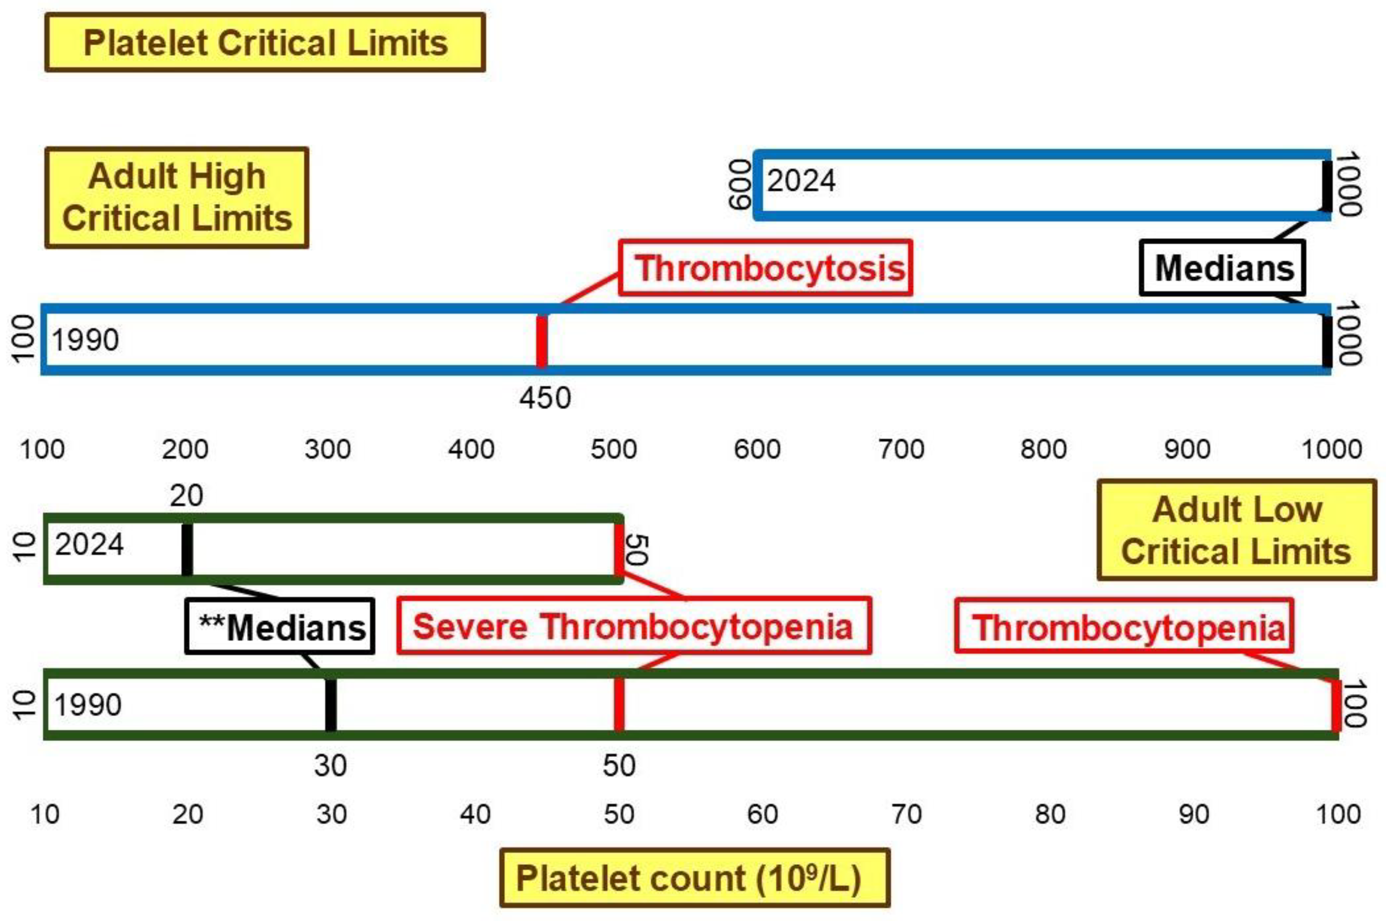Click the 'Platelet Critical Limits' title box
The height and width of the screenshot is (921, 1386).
click(265, 43)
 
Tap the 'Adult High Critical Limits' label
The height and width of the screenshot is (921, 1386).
click(177, 197)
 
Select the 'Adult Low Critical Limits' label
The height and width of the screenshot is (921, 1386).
click(1236, 530)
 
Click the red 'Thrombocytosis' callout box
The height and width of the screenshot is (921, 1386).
click(765, 268)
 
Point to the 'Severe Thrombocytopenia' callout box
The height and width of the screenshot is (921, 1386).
click(633, 626)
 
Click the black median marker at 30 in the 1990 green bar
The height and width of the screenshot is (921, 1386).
click(331, 705)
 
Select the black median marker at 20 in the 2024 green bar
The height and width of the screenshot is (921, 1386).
click(187, 549)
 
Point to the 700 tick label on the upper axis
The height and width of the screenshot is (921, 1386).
click(901, 449)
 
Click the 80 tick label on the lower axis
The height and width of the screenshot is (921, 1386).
click(1050, 815)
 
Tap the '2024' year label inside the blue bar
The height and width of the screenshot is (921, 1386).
click(801, 180)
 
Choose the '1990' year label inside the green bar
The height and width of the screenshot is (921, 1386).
click(88, 705)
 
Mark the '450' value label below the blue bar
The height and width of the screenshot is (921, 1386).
click(545, 398)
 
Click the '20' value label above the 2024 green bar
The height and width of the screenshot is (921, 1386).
click(186, 496)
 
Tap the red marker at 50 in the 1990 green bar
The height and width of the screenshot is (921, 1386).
click(619, 705)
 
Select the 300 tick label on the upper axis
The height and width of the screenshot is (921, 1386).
click(328, 449)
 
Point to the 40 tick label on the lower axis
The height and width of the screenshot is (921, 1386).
click(475, 815)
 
